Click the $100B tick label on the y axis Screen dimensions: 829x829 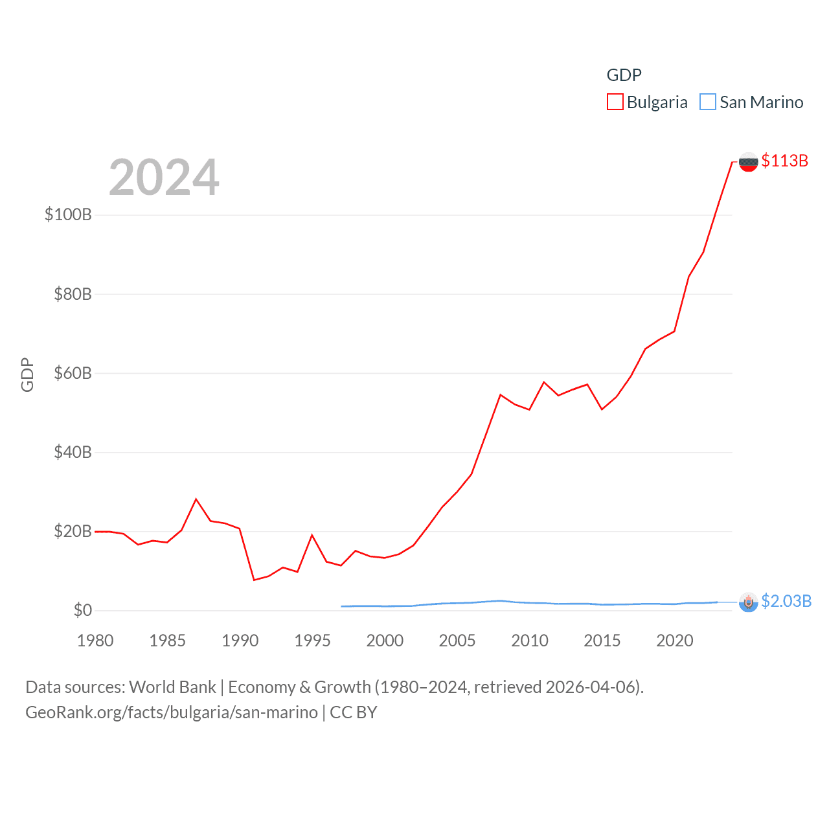[68, 214]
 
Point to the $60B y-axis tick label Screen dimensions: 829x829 [73, 373]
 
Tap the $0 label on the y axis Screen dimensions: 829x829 [82, 610]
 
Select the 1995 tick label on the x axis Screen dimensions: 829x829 [312, 641]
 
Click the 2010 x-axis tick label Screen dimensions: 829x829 [530, 641]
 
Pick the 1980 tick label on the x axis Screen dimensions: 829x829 [95, 641]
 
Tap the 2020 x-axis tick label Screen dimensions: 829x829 [675, 641]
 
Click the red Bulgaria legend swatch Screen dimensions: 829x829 [615, 102]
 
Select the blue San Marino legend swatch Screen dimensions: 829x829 [708, 102]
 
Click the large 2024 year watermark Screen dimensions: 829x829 [164, 177]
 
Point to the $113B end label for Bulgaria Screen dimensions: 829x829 [784, 161]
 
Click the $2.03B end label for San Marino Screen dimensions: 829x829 [786, 601]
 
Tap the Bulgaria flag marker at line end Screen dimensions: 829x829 [748, 162]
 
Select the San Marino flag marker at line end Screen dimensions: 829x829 [748, 602]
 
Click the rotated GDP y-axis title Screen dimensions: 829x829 [27, 374]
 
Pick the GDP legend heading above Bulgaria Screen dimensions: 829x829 [624, 75]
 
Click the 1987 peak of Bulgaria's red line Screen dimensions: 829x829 [196, 499]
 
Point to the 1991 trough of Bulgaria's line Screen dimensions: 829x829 [254, 580]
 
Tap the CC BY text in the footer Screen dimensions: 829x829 [353, 712]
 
